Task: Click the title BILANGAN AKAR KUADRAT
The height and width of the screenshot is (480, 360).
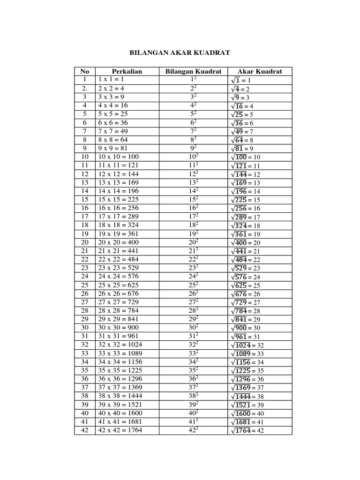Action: (x=180, y=52)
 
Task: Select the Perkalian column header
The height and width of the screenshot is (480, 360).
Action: (x=127, y=71)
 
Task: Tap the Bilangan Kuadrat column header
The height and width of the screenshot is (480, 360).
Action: (x=193, y=71)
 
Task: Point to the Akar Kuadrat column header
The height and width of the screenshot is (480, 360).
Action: (x=260, y=71)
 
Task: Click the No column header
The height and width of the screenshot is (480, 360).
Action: (x=84, y=71)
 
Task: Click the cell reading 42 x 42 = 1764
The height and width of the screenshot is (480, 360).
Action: (x=120, y=430)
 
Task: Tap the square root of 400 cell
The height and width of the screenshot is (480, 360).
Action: (x=246, y=242)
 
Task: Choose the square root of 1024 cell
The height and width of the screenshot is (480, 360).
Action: (x=248, y=345)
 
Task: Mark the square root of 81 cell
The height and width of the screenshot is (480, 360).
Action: (x=242, y=149)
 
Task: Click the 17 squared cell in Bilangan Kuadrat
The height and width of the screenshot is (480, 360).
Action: (x=193, y=217)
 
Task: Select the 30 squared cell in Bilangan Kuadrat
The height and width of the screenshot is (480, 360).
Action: (x=193, y=328)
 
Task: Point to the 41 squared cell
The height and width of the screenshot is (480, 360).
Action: (x=193, y=422)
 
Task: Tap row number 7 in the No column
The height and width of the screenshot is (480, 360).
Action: (x=84, y=131)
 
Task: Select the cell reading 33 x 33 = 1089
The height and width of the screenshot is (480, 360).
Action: (x=120, y=353)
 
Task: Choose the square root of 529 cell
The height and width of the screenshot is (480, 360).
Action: (x=246, y=268)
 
